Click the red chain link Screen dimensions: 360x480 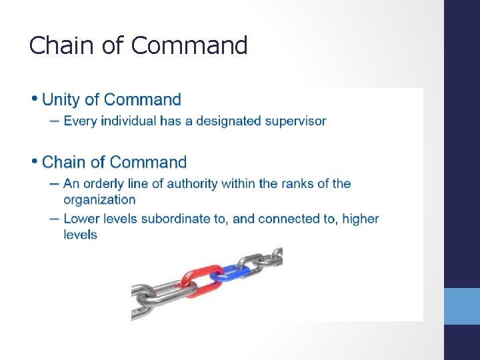pos(200,281)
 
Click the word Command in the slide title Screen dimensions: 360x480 pos(189,45)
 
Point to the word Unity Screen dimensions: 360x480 pos(61,100)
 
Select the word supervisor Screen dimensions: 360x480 pos(295,121)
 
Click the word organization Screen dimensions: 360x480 pos(99,199)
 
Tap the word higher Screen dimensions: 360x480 pos(361,219)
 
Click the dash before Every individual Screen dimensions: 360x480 pos(53,121)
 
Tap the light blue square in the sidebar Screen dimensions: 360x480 pos(462,306)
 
